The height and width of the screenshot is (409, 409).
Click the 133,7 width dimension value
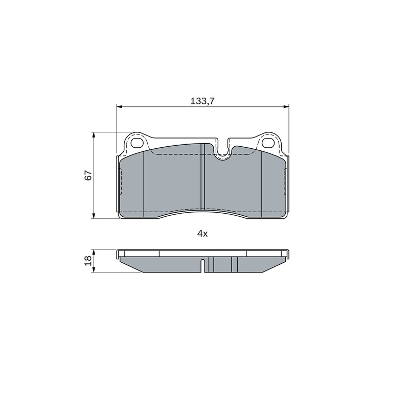pyautogui.click(x=202, y=101)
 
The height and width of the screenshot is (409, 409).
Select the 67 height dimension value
pyautogui.click(x=88, y=175)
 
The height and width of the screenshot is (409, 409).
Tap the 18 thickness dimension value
pyautogui.click(x=88, y=261)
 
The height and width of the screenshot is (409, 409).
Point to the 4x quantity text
pyautogui.click(x=202, y=234)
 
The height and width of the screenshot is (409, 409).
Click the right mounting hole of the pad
pyautogui.click(x=268, y=143)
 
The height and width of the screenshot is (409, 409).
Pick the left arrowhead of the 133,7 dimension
pyautogui.click(x=120, y=106)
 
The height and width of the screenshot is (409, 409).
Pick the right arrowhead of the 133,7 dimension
pyautogui.click(x=286, y=106)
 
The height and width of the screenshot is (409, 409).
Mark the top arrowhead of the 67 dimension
pyautogui.click(x=94, y=135)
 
